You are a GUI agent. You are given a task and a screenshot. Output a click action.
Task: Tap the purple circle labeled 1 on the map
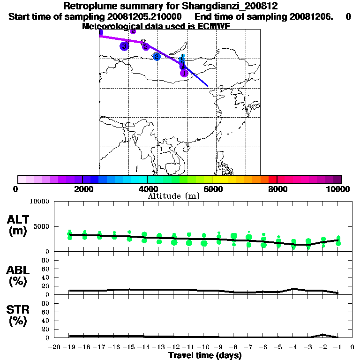pyautogui.click(x=184, y=73)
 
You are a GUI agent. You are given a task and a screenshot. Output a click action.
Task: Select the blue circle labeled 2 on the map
pyautogui.click(x=157, y=57)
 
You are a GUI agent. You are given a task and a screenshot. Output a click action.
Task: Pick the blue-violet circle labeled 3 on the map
pyautogui.click(x=124, y=46)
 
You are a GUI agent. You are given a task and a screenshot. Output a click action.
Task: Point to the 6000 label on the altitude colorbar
pyautogui.click(x=212, y=189)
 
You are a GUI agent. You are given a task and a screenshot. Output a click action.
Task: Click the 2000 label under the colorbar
pyautogui.click(x=82, y=189)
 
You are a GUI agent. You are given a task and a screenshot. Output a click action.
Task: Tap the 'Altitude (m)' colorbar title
pyautogui.click(x=174, y=196)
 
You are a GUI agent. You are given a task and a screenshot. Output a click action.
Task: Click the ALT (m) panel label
pyautogui.click(x=18, y=225)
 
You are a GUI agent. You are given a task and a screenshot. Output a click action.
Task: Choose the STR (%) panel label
pyautogui.click(x=18, y=315)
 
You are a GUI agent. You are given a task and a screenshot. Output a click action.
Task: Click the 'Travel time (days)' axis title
pyautogui.click(x=205, y=355)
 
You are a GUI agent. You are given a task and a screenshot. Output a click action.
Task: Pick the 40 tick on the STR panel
pyautogui.click(x=46, y=321)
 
